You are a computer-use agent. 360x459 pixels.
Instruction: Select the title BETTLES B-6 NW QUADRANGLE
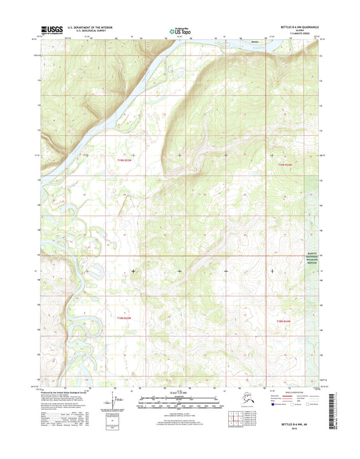296,27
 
